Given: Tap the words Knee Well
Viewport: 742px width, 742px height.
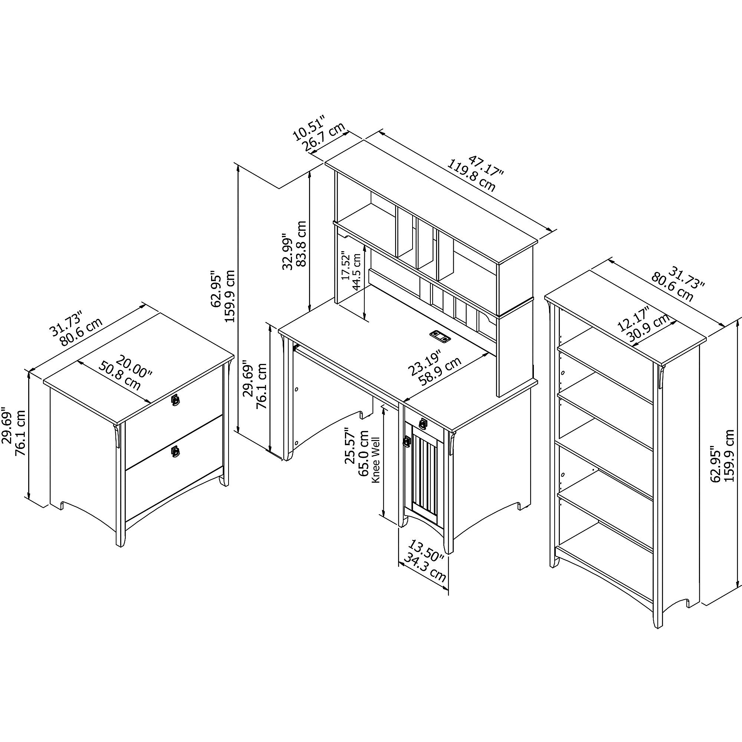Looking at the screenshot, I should tap(375, 460).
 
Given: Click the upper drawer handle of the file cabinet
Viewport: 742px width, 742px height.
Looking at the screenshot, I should tap(175, 400).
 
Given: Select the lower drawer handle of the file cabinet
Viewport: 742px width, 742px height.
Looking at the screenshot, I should tap(175, 451).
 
